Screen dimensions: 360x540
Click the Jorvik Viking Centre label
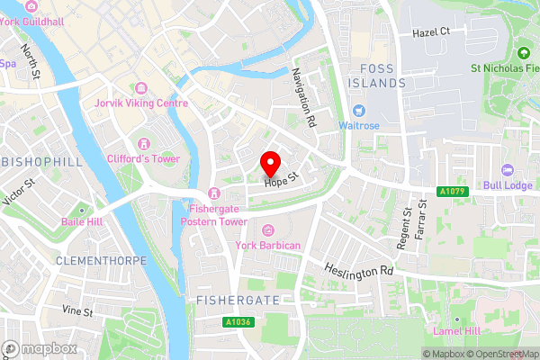(141, 103)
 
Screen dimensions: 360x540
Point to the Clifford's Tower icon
(142, 144)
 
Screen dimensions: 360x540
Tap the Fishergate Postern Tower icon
(213, 193)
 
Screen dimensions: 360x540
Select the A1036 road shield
(238, 321)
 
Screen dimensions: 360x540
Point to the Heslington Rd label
(360, 269)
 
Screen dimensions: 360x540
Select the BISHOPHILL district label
(41, 162)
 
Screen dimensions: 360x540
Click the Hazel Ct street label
(430, 31)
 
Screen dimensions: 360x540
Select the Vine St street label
(77, 312)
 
